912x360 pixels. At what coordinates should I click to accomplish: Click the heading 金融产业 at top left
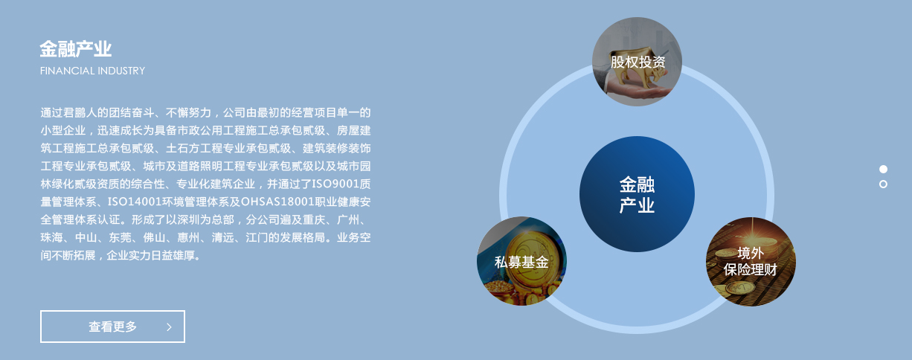[76, 50]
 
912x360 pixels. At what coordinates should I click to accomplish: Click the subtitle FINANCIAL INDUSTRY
[92, 71]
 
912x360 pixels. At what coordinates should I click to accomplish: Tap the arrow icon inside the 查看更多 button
[170, 327]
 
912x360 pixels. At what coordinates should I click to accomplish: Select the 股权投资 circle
[637, 62]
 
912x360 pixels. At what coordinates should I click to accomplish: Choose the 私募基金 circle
[521, 261]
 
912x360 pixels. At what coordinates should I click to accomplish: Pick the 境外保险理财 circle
[751, 262]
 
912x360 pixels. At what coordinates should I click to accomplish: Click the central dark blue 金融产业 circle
[637, 194]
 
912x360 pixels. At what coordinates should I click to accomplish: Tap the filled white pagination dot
[883, 169]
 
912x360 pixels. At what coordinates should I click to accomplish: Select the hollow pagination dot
[883, 184]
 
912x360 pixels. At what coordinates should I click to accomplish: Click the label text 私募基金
[521, 262]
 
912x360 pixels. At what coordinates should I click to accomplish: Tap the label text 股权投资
[638, 62]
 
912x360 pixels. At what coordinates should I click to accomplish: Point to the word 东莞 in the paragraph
[120, 238]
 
